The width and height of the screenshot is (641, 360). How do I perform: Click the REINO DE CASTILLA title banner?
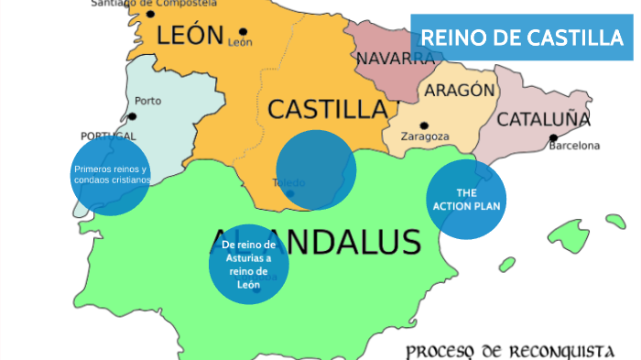(521, 38)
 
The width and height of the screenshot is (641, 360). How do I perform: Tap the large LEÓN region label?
(190, 36)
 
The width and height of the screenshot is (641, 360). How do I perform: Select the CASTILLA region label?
(327, 109)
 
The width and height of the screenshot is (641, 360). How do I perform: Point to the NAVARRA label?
(396, 59)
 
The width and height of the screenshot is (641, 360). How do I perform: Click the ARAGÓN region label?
(457, 91)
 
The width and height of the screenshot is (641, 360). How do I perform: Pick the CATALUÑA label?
(543, 119)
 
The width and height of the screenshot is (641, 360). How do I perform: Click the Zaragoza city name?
(425, 136)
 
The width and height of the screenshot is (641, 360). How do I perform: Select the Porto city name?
(147, 101)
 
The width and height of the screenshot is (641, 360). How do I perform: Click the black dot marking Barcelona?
(553, 138)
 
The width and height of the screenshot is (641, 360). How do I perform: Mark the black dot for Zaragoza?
(423, 125)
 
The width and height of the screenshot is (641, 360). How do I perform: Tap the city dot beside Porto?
(133, 116)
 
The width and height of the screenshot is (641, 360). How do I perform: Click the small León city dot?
(242, 31)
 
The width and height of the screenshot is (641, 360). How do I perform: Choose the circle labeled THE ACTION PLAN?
(466, 199)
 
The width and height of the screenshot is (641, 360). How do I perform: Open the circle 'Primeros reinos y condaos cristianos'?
(110, 175)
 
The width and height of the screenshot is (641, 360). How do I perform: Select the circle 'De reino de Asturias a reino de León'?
(249, 264)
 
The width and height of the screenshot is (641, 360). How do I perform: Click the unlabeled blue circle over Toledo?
(316, 169)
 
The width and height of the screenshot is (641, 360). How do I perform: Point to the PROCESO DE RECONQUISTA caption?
(509, 351)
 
